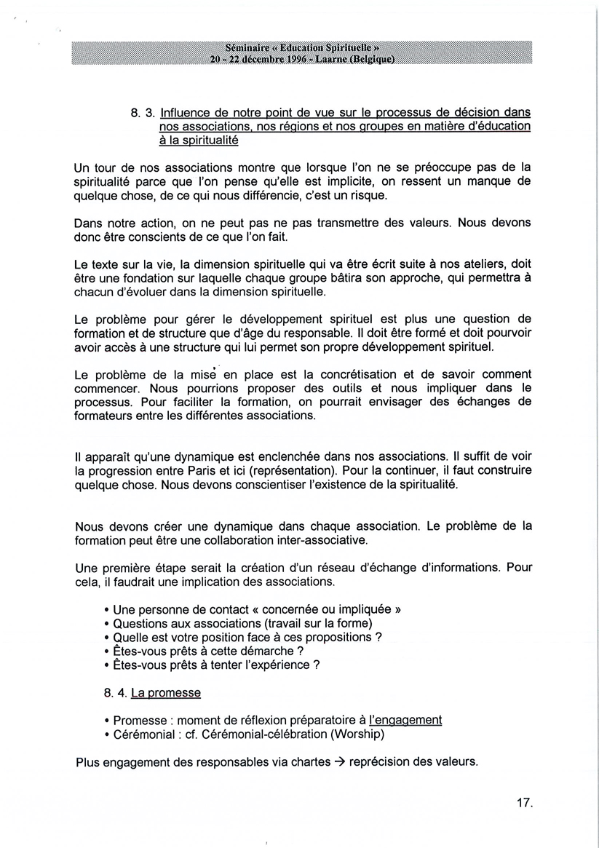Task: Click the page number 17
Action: (524, 804)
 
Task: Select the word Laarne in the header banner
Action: (331, 60)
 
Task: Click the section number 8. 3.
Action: (143, 113)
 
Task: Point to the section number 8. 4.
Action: (116, 693)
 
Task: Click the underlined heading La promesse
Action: (165, 693)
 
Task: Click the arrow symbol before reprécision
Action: (338, 762)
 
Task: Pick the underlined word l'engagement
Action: (405, 720)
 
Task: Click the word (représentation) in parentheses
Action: (383, 471)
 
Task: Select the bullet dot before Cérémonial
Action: (107, 734)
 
